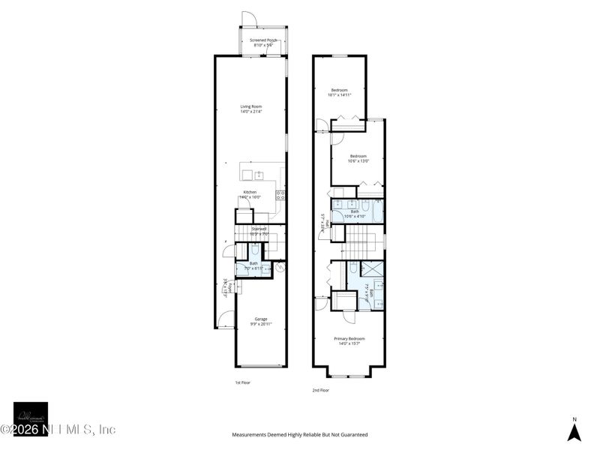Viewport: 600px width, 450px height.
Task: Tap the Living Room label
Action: tap(250, 109)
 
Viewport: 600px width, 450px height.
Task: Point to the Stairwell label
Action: tap(259, 231)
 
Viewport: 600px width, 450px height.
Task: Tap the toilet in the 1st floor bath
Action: tap(255, 251)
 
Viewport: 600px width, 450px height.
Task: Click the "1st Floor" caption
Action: tap(242, 382)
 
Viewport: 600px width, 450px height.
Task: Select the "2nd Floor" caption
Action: tap(320, 390)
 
